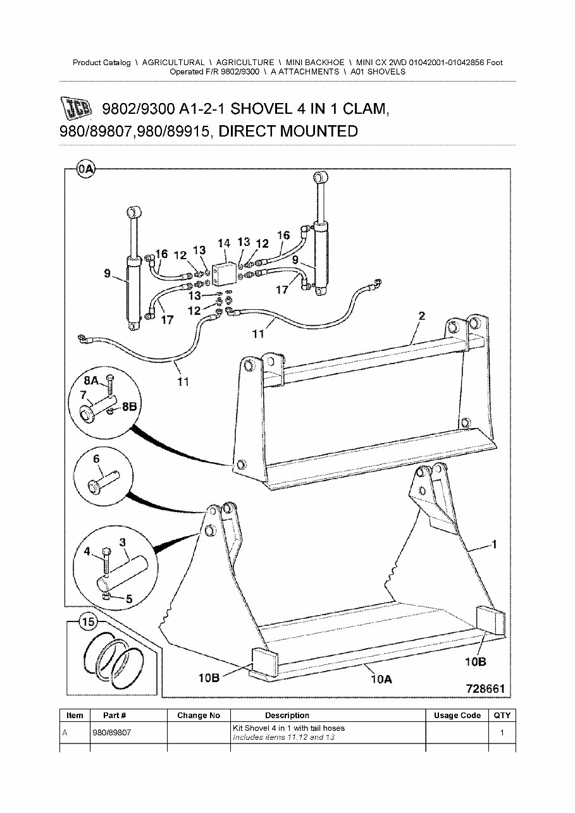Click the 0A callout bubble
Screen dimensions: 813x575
[85, 169]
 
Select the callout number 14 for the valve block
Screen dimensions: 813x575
[223, 243]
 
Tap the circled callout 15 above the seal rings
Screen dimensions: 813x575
[88, 622]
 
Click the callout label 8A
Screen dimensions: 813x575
[91, 381]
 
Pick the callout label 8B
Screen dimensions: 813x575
[128, 407]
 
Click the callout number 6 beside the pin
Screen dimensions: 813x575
[96, 460]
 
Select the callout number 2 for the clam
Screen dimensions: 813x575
[421, 316]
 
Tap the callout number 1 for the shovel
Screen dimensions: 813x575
[494, 544]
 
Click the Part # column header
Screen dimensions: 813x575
[114, 716]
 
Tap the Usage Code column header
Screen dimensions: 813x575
[457, 716]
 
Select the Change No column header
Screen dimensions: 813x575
[198, 716]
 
